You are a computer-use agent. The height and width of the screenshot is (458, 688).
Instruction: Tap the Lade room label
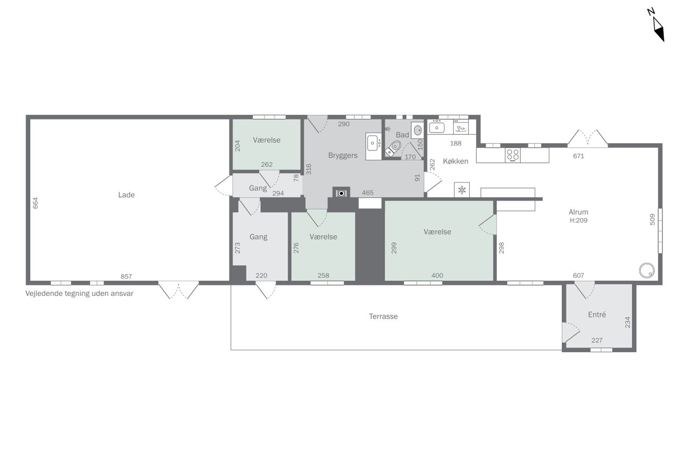tap(126, 195)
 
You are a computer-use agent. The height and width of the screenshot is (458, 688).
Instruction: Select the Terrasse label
tap(383, 316)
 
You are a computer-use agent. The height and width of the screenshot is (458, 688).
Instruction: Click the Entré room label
tap(597, 315)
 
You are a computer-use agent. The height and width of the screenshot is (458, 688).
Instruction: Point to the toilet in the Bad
tap(393, 149)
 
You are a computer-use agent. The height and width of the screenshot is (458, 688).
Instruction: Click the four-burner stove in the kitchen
tap(513, 155)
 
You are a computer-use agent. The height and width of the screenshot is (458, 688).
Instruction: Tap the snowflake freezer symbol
tap(462, 190)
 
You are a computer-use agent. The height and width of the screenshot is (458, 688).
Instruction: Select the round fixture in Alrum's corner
tap(647, 271)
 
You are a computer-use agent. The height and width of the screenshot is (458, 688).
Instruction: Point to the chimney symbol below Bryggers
tap(341, 193)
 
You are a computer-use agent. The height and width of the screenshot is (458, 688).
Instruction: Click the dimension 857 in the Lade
tap(126, 277)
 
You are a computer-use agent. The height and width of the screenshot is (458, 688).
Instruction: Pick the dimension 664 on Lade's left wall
tap(35, 203)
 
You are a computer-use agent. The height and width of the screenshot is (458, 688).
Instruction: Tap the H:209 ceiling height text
tap(578, 220)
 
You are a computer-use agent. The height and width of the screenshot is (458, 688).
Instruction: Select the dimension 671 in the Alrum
tap(578, 156)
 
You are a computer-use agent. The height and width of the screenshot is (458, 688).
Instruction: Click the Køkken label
tap(455, 162)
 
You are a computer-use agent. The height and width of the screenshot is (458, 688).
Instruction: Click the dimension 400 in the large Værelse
tap(437, 275)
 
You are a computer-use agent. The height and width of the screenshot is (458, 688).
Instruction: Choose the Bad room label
tap(403, 135)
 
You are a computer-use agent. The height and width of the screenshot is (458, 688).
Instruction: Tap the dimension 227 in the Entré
tap(597, 340)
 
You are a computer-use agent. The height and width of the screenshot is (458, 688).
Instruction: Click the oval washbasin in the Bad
tap(418, 130)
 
